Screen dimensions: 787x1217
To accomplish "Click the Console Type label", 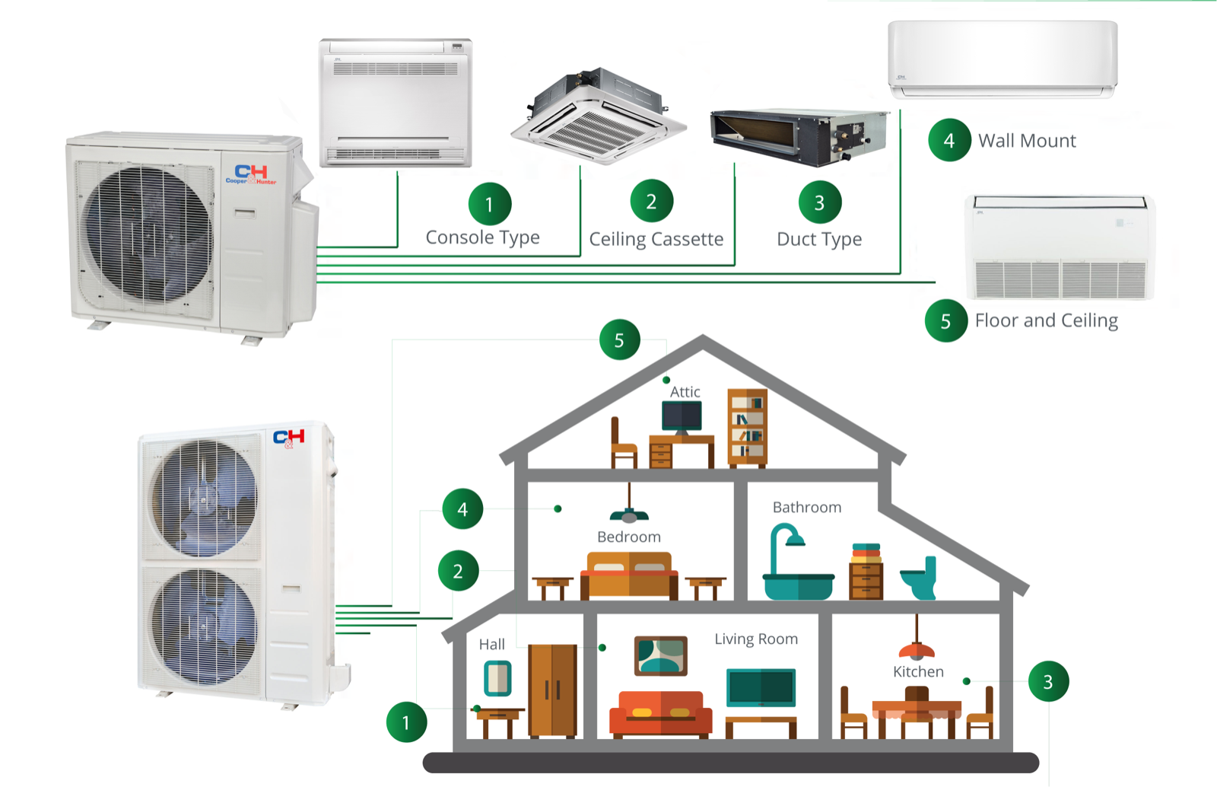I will click(482, 237).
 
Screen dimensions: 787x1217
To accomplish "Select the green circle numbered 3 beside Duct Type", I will click(819, 202).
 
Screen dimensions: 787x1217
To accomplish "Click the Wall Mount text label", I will click(1027, 141).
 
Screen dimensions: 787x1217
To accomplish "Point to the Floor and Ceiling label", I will click(1046, 320).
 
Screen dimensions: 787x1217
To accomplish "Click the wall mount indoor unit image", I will click(1003, 59).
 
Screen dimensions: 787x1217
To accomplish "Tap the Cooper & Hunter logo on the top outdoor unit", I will click(251, 174).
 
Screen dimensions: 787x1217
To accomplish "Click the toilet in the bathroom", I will click(920, 580).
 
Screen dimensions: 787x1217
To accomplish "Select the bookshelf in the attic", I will click(747, 427).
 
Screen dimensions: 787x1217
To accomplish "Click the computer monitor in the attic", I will click(682, 416).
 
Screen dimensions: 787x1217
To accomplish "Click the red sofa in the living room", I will click(660, 713).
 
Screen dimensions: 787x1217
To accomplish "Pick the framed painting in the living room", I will click(660, 655).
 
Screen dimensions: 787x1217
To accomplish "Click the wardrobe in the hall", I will click(552, 690).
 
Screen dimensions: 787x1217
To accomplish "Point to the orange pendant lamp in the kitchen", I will click(917, 648).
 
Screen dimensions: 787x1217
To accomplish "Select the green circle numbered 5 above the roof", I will click(619, 339).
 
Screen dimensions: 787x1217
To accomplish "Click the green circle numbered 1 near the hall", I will click(406, 722).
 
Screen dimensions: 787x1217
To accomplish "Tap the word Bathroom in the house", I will click(806, 507).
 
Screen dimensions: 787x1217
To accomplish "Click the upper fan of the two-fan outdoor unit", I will click(203, 499).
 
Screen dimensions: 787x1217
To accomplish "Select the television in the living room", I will click(761, 687).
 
